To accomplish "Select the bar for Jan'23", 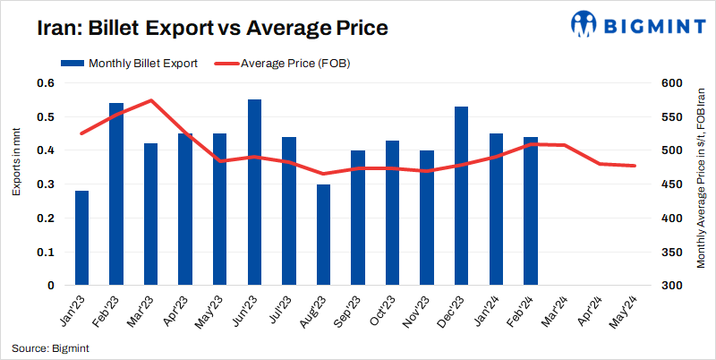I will tap(81, 238).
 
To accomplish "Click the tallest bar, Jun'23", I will tap(254, 193).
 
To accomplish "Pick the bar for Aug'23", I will tap(323, 235).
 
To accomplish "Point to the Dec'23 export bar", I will tap(462, 196).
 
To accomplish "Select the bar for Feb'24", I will tap(531, 211).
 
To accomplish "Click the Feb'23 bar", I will tap(116, 194).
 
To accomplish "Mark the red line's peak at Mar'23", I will tap(151, 100).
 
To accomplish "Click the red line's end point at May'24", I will tap(635, 166).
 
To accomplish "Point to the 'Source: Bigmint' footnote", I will tap(50, 347).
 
